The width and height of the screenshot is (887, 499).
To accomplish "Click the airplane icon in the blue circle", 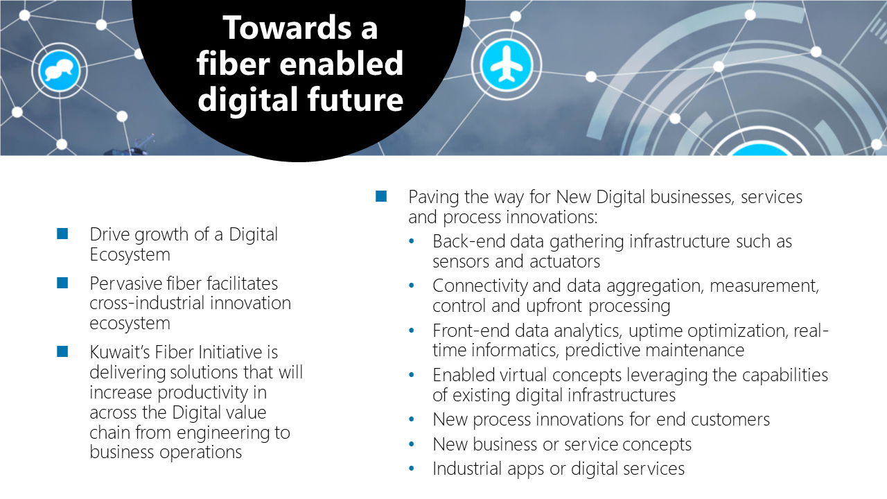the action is click(507, 64).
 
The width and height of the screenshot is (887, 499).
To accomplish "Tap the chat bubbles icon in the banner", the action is click(60, 71).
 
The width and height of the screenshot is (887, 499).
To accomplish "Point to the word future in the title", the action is click(355, 99).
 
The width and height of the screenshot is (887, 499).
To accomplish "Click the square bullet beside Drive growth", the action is click(62, 234).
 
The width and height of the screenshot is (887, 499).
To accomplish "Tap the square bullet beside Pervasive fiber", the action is click(62, 283).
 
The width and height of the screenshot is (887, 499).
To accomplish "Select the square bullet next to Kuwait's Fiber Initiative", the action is click(62, 351).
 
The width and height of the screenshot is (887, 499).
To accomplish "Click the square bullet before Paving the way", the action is click(381, 196).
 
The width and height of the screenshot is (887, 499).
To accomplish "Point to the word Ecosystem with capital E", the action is click(130, 254).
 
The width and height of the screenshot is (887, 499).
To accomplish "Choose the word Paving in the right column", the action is click(434, 198).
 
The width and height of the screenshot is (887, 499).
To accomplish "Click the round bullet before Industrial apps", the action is click(412, 469).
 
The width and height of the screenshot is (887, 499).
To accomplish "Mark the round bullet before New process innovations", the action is click(412, 419).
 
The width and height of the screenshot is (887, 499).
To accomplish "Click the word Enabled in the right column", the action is click(464, 375).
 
